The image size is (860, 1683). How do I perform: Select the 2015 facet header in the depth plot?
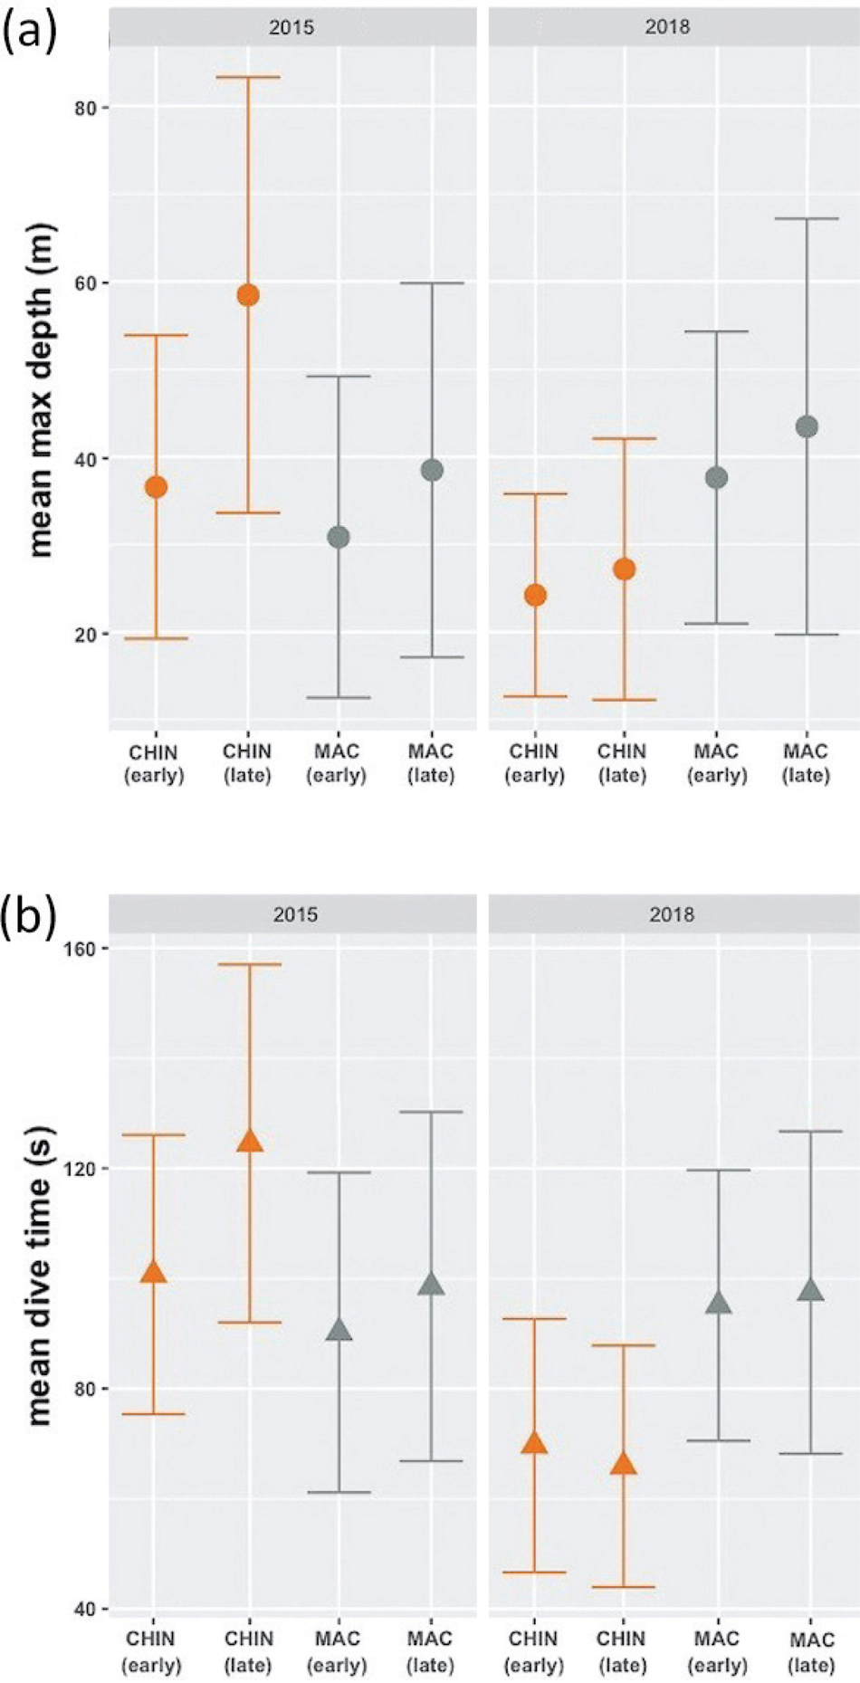pos(291,27)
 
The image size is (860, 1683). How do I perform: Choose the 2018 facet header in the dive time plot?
pos(672,914)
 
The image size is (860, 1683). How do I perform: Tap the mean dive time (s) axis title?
pos(40,1276)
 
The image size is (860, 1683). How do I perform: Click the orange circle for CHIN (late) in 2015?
pos(248,295)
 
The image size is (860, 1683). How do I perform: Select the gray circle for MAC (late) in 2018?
pos(807,426)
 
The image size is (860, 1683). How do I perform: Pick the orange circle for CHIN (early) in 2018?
pos(536,595)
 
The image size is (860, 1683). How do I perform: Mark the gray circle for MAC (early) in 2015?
pos(339,537)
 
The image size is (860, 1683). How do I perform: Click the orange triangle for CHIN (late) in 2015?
pos(250,1141)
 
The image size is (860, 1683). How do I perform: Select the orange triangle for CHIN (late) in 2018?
pos(624,1464)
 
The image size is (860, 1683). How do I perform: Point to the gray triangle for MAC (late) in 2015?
pos(431,1284)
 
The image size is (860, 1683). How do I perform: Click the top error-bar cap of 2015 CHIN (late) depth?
pos(248,77)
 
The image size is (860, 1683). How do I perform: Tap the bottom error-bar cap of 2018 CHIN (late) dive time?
pos(624,1587)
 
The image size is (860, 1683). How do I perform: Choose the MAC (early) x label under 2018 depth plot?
pos(717,763)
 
